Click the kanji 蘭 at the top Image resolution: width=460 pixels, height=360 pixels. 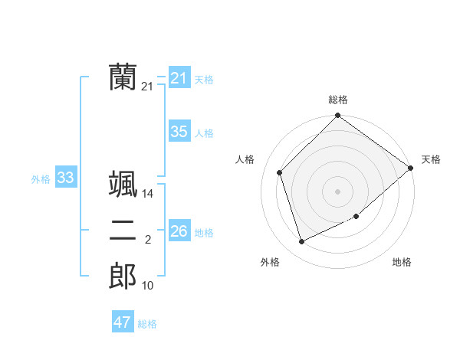click(123, 77)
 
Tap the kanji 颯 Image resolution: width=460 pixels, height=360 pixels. click(123, 185)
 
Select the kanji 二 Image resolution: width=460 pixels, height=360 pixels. click(123, 231)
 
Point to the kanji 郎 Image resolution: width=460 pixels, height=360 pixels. click(123, 276)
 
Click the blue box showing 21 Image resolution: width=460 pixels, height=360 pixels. click(179, 78)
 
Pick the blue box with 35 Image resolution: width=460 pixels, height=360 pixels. click(179, 132)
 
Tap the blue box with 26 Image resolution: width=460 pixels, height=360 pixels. click(179, 231)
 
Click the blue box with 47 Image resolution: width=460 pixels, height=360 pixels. click(122, 322)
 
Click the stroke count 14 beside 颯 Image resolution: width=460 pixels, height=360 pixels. click(148, 195)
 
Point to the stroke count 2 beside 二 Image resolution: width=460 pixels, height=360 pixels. click(148, 241)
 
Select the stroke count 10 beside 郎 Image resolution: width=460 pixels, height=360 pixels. click(148, 286)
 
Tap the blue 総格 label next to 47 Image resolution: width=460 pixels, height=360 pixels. click(147, 324)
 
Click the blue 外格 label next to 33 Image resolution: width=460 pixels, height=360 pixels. click(41, 179)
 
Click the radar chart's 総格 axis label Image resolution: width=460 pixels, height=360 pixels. click(338, 100)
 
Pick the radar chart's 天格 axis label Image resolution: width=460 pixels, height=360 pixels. click(431, 159)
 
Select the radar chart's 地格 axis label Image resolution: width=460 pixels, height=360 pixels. click(402, 262)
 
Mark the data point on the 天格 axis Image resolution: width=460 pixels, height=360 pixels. click(410, 168)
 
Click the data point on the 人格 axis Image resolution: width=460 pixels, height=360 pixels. click(280, 172)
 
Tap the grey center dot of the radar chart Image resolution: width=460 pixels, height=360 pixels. click(337, 191)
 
